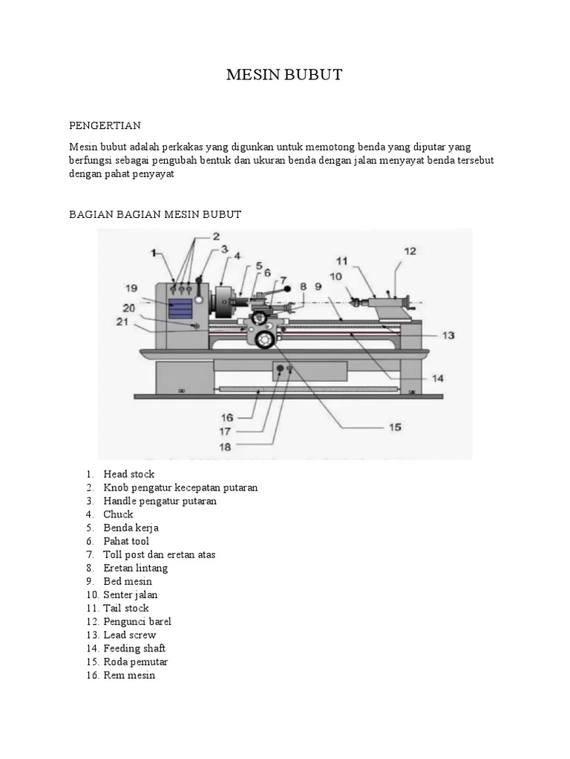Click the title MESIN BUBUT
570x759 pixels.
(x=284, y=76)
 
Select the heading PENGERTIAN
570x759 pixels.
(x=105, y=126)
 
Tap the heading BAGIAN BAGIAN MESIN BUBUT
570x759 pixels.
(x=155, y=215)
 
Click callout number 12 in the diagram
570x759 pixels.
(x=411, y=251)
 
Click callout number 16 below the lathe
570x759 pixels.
(x=228, y=418)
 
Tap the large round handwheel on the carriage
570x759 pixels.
(x=263, y=339)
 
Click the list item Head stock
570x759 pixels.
(x=128, y=474)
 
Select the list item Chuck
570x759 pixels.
(x=118, y=514)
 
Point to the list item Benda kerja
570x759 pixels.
(x=131, y=528)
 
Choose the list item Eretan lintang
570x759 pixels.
(x=135, y=569)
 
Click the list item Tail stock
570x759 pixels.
(x=126, y=609)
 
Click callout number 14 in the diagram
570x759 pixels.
(x=438, y=377)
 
